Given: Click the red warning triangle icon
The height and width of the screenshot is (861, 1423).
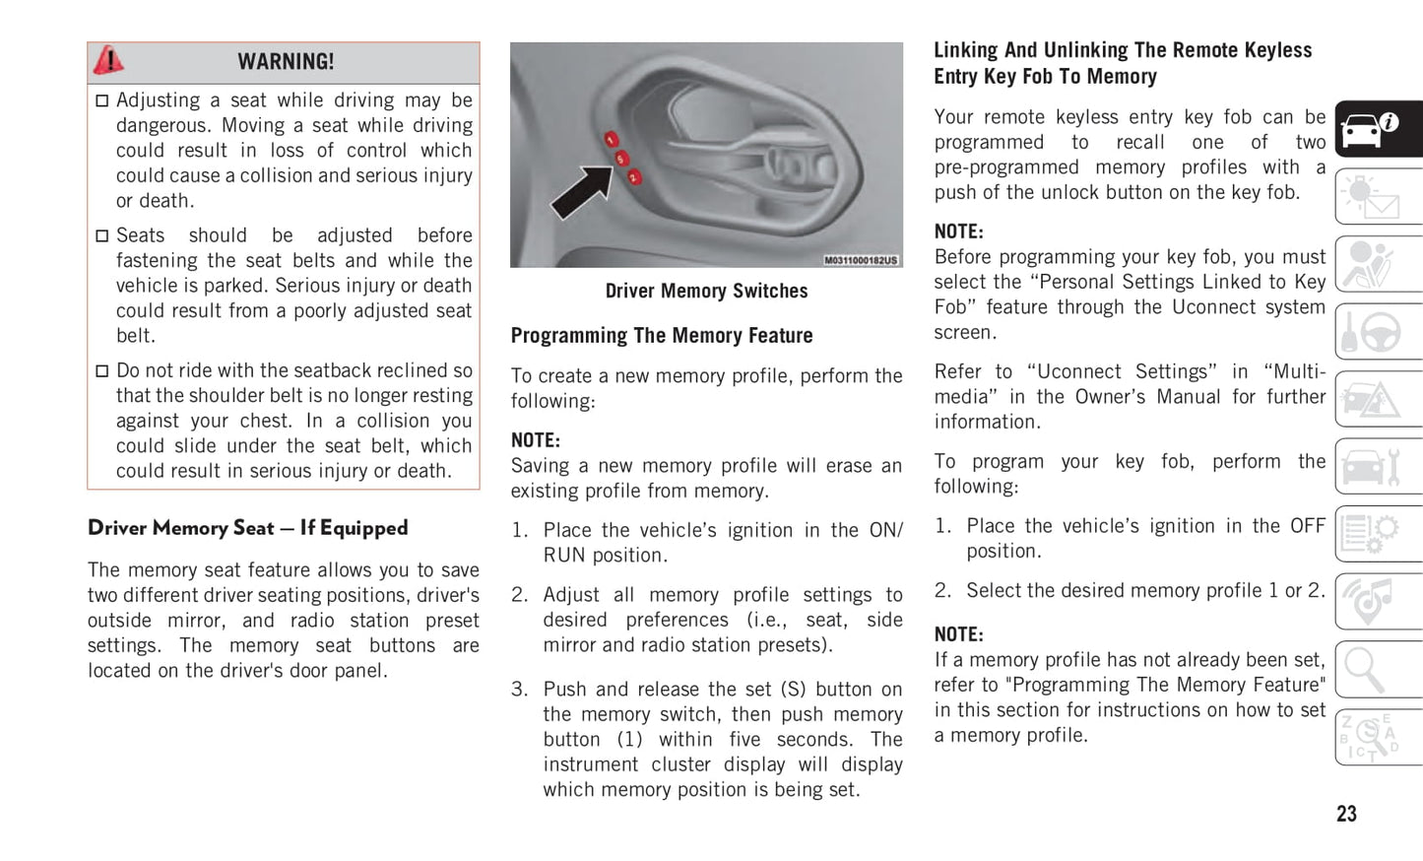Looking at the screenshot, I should coord(108,61).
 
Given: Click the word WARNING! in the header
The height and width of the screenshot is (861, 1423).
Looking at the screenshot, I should coord(286,62).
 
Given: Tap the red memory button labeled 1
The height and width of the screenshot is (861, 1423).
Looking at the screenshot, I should coord(611,140).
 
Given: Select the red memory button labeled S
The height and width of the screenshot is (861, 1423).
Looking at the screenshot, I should coord(621,159).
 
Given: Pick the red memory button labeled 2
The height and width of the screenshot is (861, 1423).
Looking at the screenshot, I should coord(634,177).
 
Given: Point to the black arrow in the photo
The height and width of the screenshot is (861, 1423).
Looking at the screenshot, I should coord(581,191).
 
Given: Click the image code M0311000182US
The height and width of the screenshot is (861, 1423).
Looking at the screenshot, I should coord(861,260).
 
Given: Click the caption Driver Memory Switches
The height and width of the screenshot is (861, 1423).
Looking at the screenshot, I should coord(706,291).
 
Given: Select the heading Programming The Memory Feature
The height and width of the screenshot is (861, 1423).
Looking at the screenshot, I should coord(662,336).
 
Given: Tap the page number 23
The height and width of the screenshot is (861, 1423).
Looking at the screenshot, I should coord(1346,814).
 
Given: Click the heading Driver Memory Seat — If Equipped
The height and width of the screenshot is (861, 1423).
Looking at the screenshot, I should coord(247,528).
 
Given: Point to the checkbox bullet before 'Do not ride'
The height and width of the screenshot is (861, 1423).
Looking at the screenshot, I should coord(101,371).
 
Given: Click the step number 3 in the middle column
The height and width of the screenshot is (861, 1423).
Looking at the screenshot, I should coord(519,690).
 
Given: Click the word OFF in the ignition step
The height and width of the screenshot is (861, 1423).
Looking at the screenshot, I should coord(1307,526).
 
